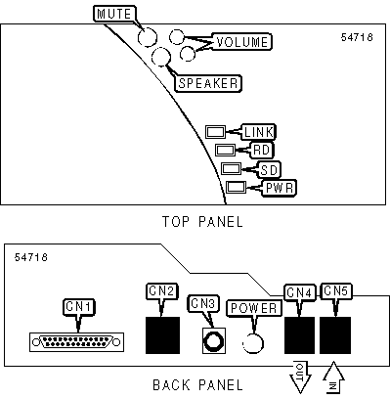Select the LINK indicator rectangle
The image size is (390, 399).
click(215, 132)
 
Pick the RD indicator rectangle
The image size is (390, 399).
click(225, 151)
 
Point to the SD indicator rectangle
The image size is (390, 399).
click(231, 169)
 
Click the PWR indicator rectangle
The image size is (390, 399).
click(236, 187)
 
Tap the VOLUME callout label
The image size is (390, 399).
click(241, 42)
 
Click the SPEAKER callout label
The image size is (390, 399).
click(208, 83)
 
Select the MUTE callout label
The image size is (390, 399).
click(114, 14)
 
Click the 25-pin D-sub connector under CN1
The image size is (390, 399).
click(76, 342)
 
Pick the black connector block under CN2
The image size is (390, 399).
click(162, 335)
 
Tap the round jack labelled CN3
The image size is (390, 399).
click(214, 341)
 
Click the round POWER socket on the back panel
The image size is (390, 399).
click(253, 343)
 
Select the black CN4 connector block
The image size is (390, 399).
click(299, 335)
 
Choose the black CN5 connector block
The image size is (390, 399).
click(335, 335)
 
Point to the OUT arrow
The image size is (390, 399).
click(300, 377)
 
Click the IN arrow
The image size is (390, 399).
click(333, 377)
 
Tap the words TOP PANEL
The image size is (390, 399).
click(202, 222)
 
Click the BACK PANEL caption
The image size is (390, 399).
click(197, 385)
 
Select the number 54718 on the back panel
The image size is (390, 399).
click(31, 257)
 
